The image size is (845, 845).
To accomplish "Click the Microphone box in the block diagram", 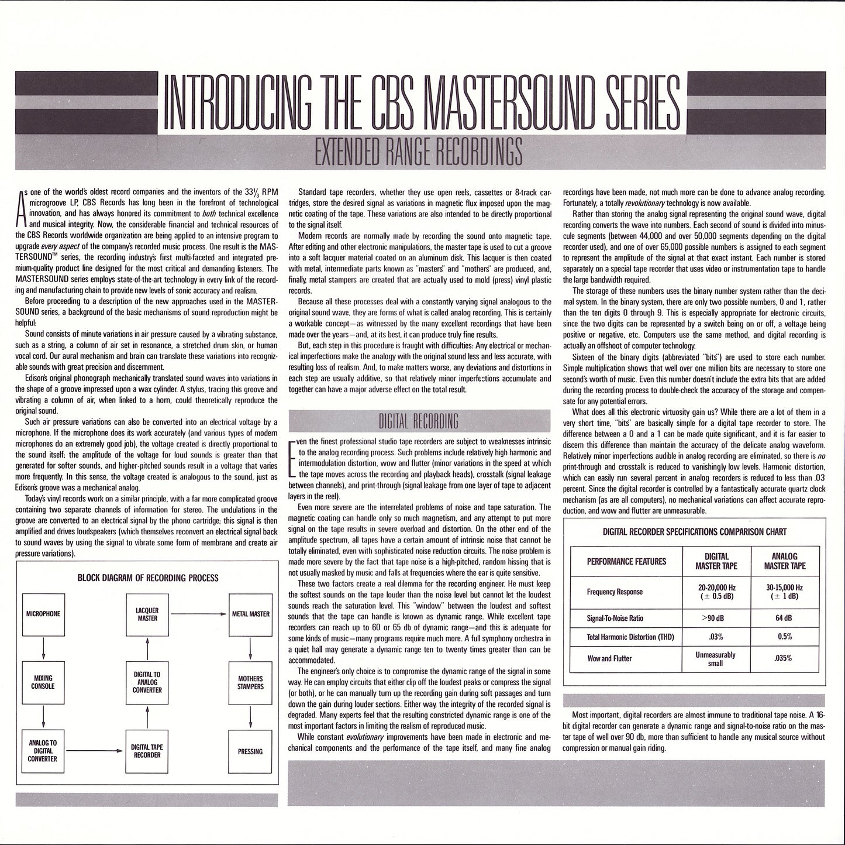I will point(44,614).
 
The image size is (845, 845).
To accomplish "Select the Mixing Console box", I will point(44,682).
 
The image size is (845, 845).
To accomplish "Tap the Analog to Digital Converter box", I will point(44,751).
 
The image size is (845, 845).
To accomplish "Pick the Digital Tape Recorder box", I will point(147,751).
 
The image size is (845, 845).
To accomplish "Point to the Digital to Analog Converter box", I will point(147,682).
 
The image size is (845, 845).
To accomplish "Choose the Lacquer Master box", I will point(147,614).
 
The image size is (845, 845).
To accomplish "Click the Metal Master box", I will point(250,614).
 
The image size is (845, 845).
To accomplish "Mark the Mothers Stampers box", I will point(250,682).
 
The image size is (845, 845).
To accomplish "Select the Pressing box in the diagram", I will point(250,751).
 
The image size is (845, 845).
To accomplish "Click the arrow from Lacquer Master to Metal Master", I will point(198,614).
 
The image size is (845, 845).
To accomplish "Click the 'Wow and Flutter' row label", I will point(609,658).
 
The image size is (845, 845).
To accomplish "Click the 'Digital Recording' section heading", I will point(420,421).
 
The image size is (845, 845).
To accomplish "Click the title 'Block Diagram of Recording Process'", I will point(148,578).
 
